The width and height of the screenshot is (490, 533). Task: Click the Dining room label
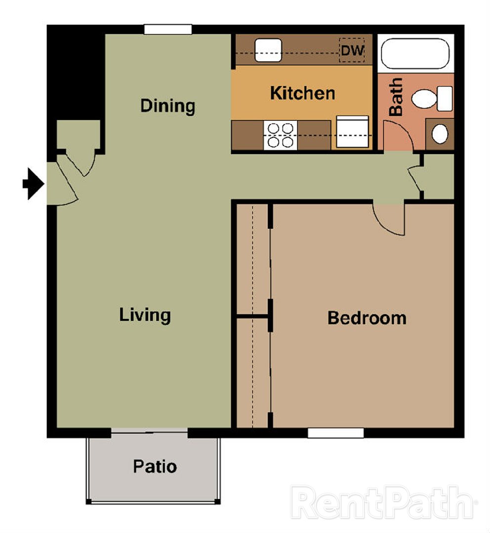(x=168, y=106)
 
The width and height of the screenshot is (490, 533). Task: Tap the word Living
(x=145, y=315)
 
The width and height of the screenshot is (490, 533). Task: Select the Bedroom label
(x=367, y=318)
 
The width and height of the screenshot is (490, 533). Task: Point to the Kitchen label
(x=302, y=93)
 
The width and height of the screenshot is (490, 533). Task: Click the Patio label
(x=155, y=466)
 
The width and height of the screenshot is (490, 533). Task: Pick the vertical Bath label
(x=396, y=97)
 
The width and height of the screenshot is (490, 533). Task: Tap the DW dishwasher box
(x=352, y=50)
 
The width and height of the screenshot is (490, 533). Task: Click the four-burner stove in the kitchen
(x=280, y=135)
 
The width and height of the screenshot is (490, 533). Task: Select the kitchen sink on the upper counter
(x=268, y=50)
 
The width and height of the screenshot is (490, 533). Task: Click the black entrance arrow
(x=34, y=184)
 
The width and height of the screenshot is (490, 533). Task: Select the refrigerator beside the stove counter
(x=352, y=132)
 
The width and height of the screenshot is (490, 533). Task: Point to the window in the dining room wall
(x=168, y=30)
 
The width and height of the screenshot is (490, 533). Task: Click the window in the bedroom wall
(x=336, y=433)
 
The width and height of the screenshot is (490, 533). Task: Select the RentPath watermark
(x=383, y=502)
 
